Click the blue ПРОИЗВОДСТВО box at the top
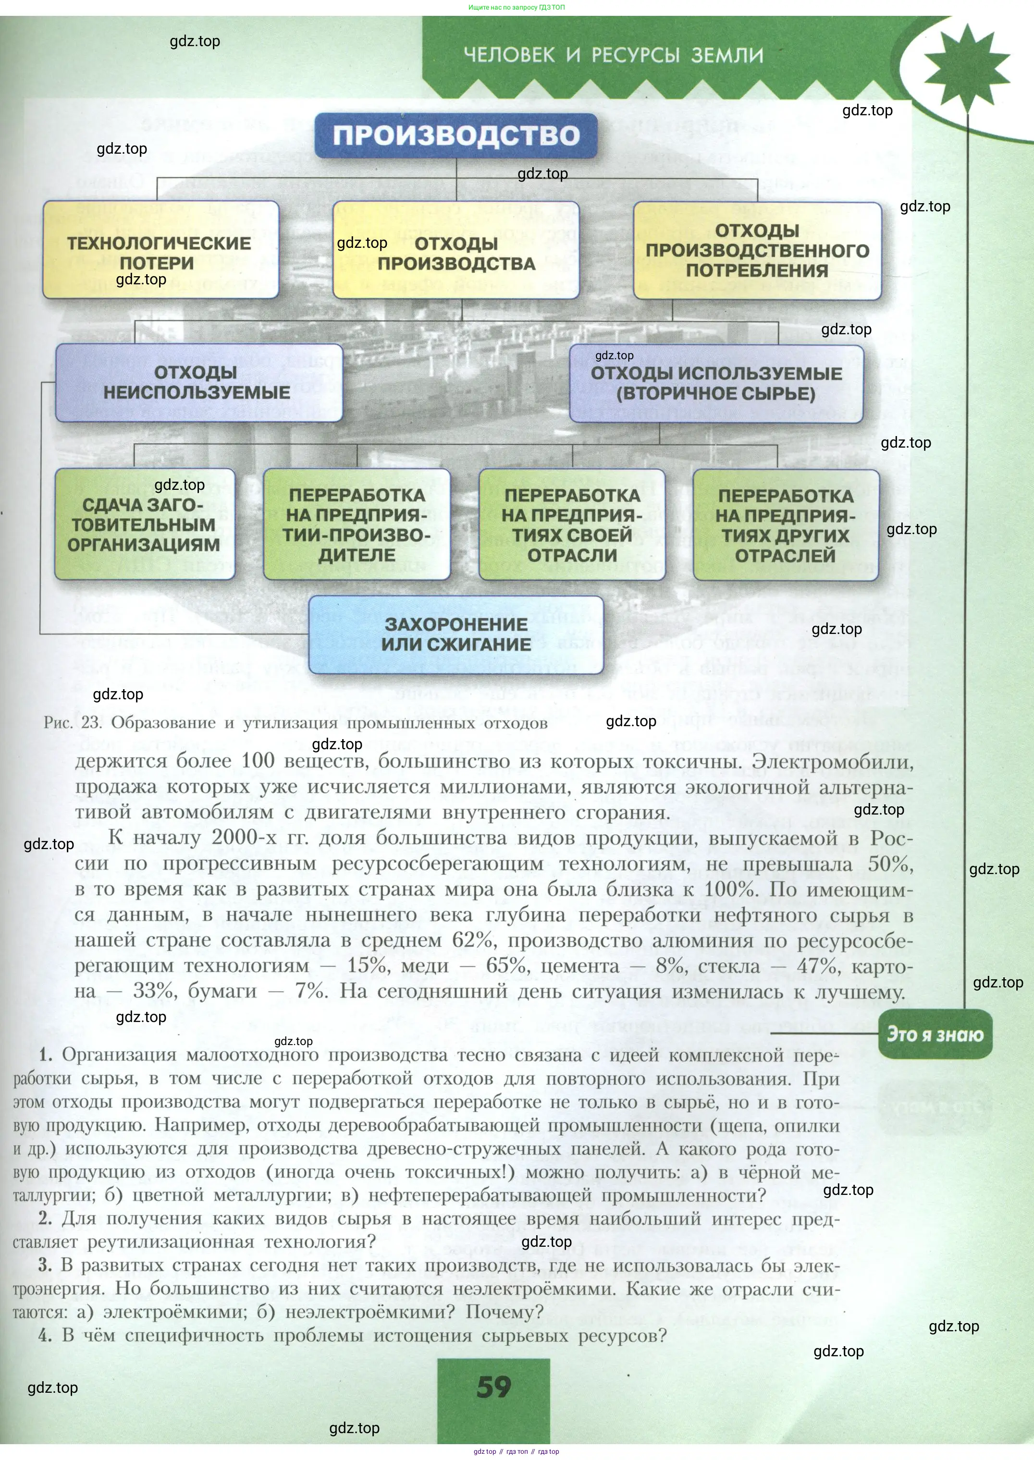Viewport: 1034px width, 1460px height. [x=456, y=135]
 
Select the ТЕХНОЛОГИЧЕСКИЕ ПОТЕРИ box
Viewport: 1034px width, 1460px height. [x=160, y=251]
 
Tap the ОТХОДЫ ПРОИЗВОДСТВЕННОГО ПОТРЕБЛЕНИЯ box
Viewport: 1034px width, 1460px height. [x=757, y=251]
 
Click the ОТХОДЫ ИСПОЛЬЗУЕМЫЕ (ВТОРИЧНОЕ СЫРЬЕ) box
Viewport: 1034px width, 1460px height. [x=716, y=383]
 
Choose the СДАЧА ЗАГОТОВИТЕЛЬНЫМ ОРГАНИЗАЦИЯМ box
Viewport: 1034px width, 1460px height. [x=145, y=524]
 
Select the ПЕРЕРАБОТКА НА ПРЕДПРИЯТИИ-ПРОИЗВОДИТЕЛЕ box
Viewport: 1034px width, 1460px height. [x=357, y=524]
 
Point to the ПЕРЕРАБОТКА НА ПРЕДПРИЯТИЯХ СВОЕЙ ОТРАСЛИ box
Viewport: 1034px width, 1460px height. [x=572, y=524]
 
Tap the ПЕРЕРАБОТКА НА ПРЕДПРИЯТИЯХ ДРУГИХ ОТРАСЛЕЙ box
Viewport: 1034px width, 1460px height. [x=786, y=525]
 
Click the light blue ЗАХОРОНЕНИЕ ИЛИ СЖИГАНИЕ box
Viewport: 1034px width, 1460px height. [x=456, y=634]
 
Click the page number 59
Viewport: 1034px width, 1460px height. [x=493, y=1387]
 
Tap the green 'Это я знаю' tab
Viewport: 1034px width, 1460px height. [x=935, y=1034]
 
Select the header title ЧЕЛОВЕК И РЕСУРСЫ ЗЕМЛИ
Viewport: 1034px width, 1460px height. [x=613, y=55]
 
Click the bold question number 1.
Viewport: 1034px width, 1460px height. [x=45, y=1055]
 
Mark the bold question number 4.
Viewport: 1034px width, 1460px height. [x=45, y=1335]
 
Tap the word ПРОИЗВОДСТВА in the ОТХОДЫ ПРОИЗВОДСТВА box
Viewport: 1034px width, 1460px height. [x=456, y=264]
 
